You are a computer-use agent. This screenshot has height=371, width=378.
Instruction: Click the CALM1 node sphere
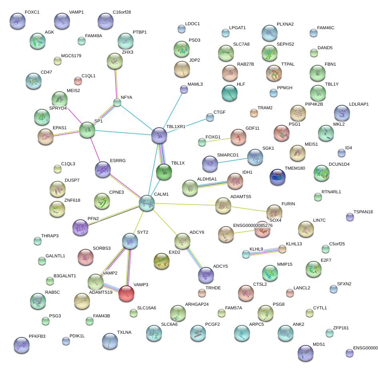tap(147, 203)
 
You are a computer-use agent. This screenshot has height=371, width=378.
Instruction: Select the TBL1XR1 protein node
tap(159, 135)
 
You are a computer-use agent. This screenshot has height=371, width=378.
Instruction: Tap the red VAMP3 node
tap(126, 293)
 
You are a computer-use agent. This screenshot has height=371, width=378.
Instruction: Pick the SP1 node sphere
tap(87, 130)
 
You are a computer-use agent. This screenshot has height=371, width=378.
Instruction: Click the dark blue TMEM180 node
tap(277, 177)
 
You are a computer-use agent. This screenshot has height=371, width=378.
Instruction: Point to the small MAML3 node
tap(184, 89)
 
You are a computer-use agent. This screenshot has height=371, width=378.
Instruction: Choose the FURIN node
tap(274, 212)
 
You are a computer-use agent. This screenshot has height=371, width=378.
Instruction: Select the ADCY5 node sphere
tap(206, 275)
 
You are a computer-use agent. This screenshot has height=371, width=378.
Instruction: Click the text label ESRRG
tap(118, 161)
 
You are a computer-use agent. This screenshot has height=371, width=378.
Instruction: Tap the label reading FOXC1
tap(32, 12)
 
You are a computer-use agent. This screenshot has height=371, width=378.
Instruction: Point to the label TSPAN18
tap(363, 212)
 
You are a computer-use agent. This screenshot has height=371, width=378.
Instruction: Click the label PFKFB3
tap(37, 336)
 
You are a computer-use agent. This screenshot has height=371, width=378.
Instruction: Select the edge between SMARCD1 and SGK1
tap(232, 160)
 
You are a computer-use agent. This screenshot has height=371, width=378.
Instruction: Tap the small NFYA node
tap(117, 102)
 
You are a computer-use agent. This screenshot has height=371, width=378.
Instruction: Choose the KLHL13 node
tap(282, 249)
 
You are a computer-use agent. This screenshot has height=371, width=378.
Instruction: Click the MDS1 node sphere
tap(306, 353)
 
